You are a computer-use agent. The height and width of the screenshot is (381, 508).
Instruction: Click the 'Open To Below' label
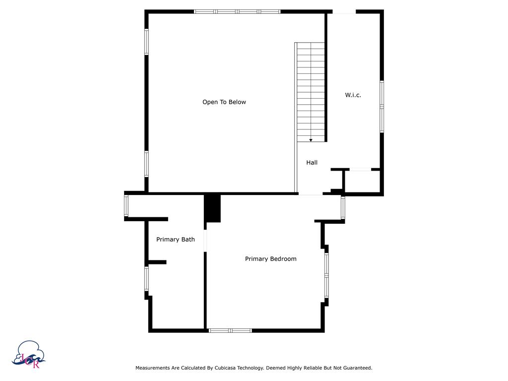[224, 102]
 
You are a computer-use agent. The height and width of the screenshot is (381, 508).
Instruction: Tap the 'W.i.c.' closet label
[353, 95]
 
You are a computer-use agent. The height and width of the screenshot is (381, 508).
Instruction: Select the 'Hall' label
[312, 162]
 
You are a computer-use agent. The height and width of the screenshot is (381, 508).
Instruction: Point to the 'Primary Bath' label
[175, 240]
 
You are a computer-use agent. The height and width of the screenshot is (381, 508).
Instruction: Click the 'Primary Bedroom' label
[270, 259]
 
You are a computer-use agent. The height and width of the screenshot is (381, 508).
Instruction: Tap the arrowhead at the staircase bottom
[311, 140]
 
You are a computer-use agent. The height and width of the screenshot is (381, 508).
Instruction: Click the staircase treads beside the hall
[311, 89]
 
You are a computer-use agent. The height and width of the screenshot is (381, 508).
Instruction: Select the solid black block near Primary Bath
[213, 208]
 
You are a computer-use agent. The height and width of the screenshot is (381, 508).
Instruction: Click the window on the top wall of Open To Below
[237, 11]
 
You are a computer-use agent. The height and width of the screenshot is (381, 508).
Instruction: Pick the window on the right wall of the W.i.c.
[381, 106]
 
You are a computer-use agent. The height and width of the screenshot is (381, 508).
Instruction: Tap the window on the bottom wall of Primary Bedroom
[230, 330]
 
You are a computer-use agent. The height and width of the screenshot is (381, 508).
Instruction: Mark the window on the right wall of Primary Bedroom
[326, 275]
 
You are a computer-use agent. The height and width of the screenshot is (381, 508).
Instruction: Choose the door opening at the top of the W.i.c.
[344, 11]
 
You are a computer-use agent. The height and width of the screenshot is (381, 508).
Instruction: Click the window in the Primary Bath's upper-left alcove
[126, 206]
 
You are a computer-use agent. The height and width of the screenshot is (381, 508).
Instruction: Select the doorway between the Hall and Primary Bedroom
[311, 194]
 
